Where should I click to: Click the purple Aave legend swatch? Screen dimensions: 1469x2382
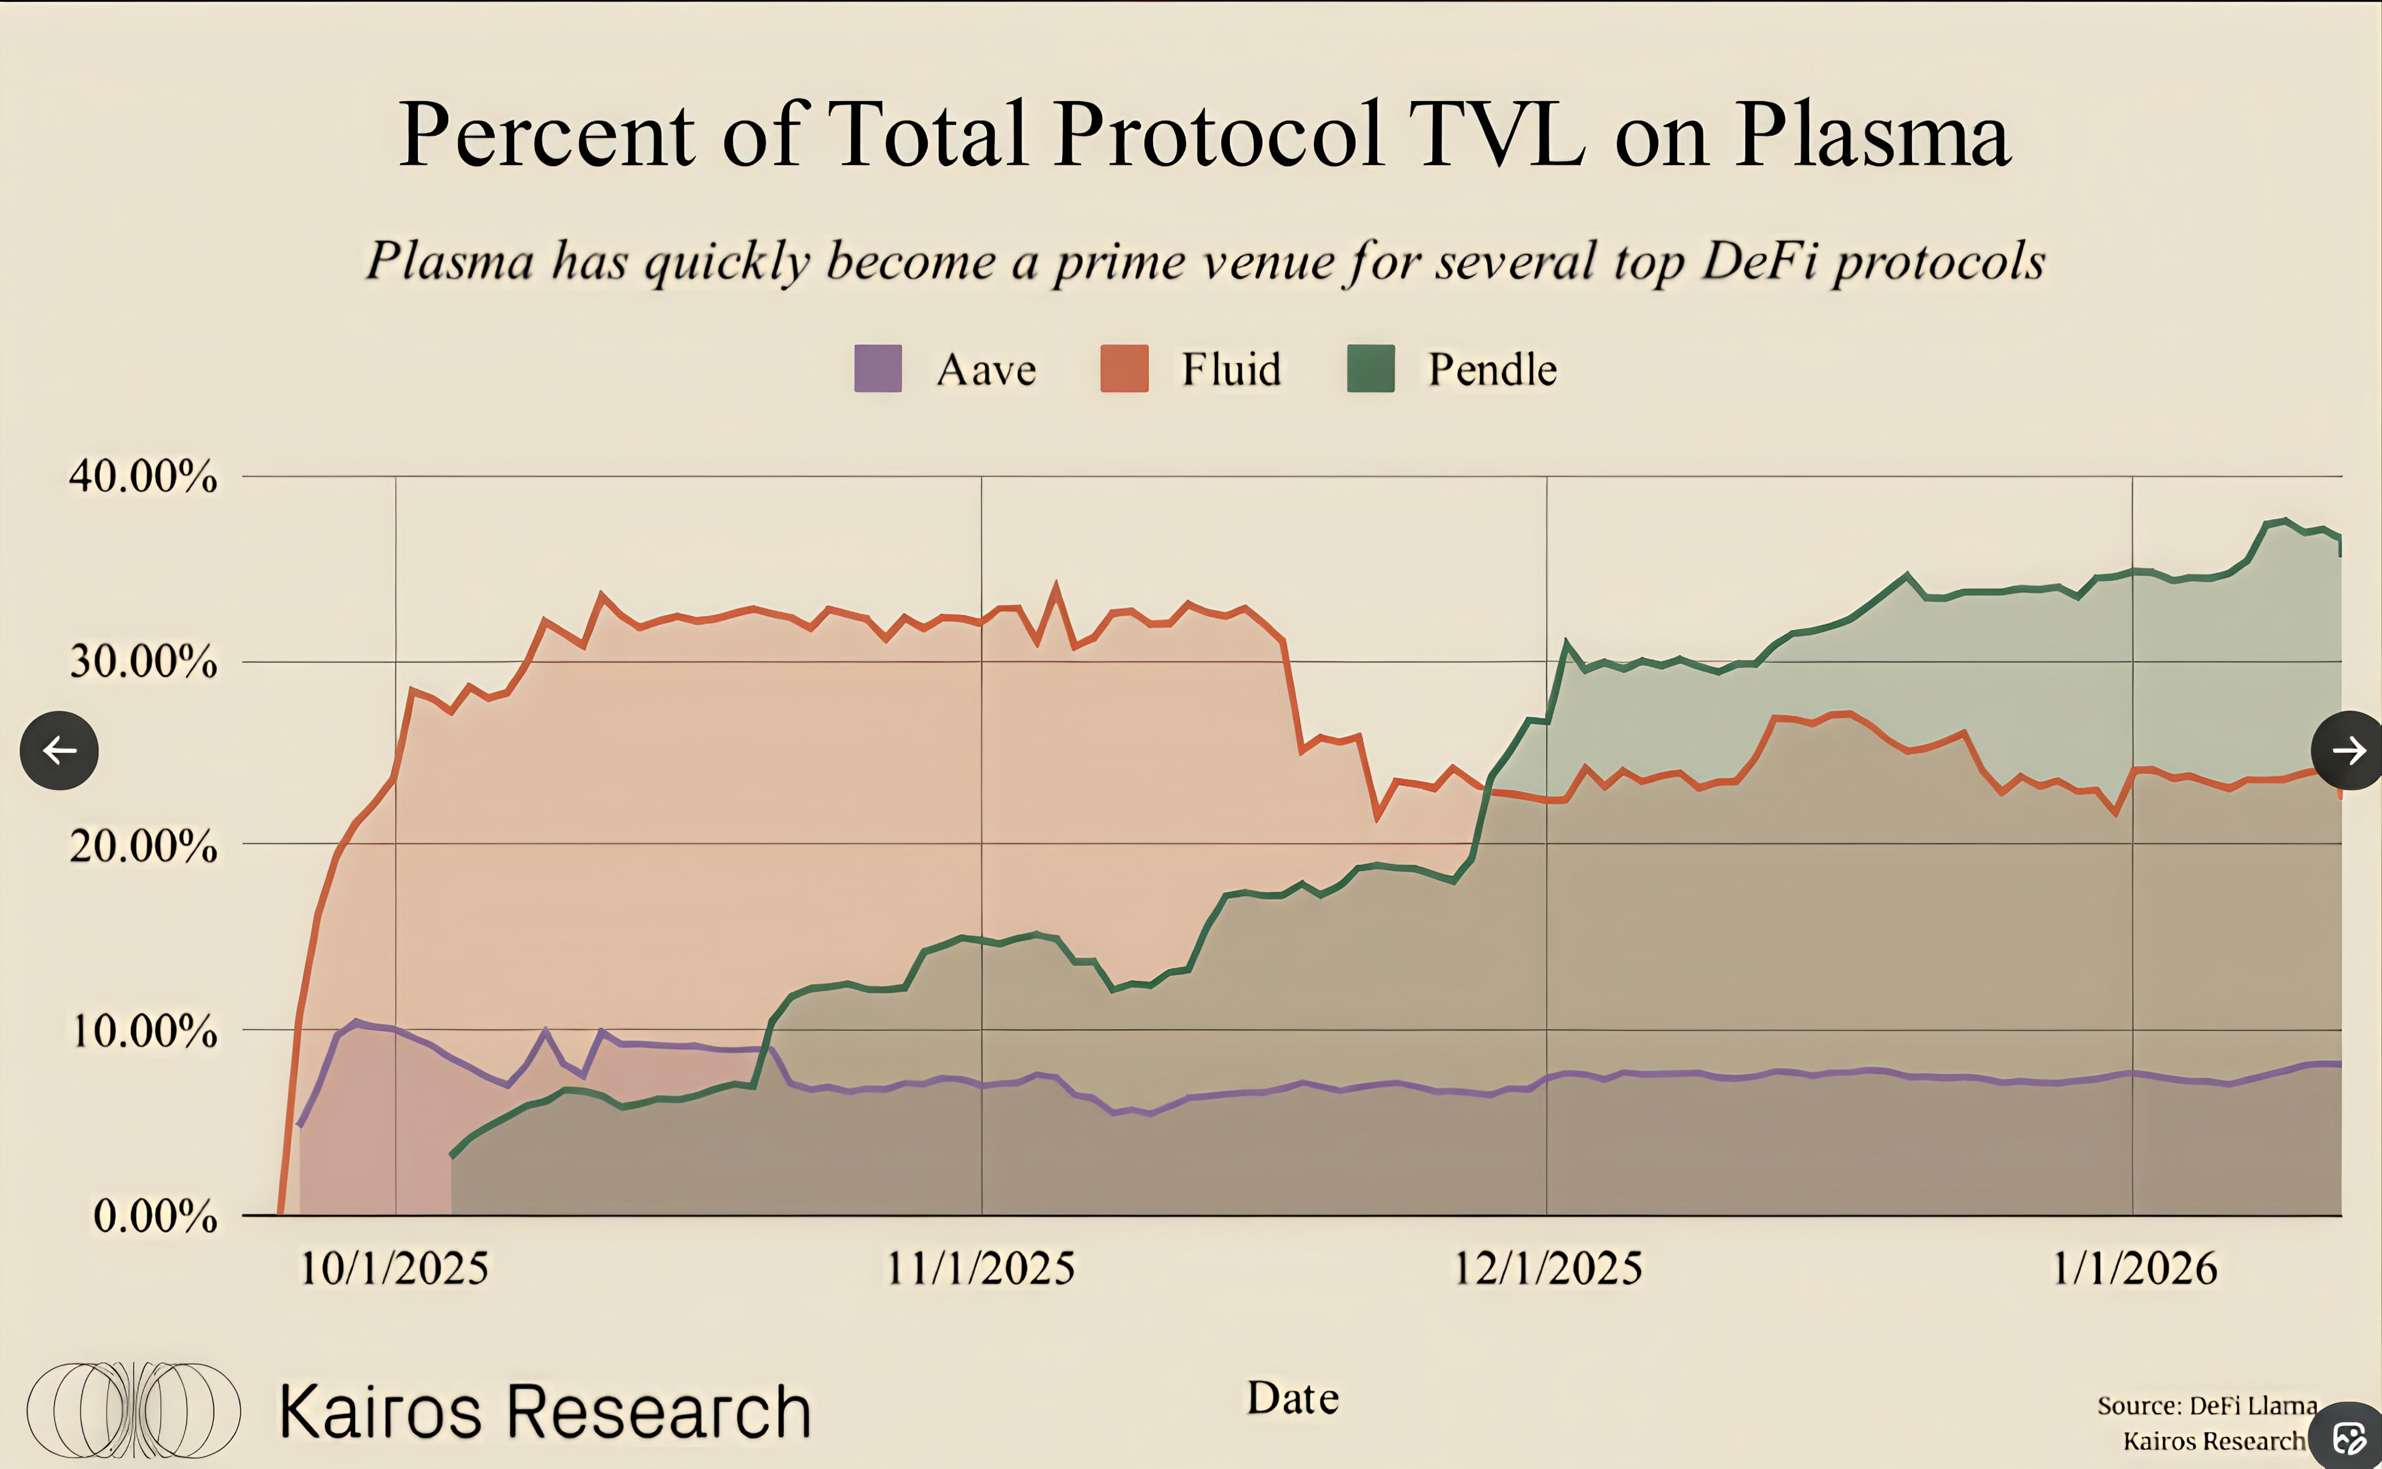pyautogui.click(x=878, y=368)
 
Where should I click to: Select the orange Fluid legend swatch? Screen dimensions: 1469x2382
pyautogui.click(x=1125, y=368)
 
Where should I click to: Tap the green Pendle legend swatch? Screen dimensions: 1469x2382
pyautogui.click(x=1370, y=368)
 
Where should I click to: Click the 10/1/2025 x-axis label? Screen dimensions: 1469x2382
pyautogui.click(x=394, y=1268)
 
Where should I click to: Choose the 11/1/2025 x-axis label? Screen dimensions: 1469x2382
pyautogui.click(x=980, y=1268)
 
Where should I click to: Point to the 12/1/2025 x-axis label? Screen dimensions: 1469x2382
pyautogui.click(x=1547, y=1268)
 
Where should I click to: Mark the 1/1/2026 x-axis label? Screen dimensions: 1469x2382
pyautogui.click(x=2134, y=1268)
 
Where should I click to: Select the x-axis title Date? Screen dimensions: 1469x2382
pyautogui.click(x=1293, y=1398)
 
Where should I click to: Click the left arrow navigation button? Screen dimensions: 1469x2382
pyautogui.click(x=59, y=750)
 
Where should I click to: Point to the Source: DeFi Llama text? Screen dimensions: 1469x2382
pyautogui.click(x=2206, y=1405)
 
